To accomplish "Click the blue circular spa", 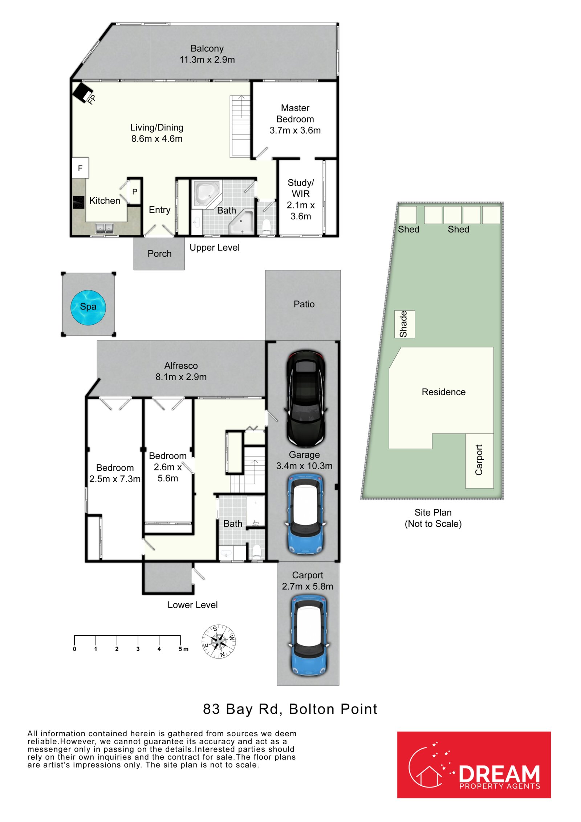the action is coord(88,307).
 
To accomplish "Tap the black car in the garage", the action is coord(306,398).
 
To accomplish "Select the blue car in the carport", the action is coord(308,635).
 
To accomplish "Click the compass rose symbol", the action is coord(219,642).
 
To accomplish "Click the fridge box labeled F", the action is coord(80,168).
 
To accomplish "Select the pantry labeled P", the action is coord(134,192).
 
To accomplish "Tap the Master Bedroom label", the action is coord(295,113).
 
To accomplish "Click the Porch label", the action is coord(159,254).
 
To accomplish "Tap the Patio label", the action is coord(304,304).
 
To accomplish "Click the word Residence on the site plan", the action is coord(443,392).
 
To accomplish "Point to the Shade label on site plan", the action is coord(403,324).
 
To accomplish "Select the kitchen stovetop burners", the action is coord(78,202).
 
